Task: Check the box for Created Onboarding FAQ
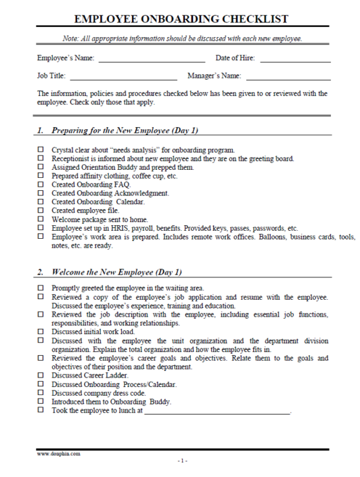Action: pyautogui.click(x=41, y=185)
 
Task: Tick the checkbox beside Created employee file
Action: pyautogui.click(x=41, y=211)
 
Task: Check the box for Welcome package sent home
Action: pyautogui.click(x=41, y=220)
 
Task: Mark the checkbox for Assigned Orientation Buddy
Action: pyautogui.click(x=41, y=167)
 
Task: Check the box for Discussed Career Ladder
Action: pyautogui.click(x=41, y=375)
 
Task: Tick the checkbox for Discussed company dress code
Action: pyautogui.click(x=41, y=392)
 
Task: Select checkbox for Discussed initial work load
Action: pyautogui.click(x=41, y=332)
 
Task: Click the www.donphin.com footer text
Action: pyautogui.click(x=58, y=454)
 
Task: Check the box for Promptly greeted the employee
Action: pyautogui.click(x=41, y=288)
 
